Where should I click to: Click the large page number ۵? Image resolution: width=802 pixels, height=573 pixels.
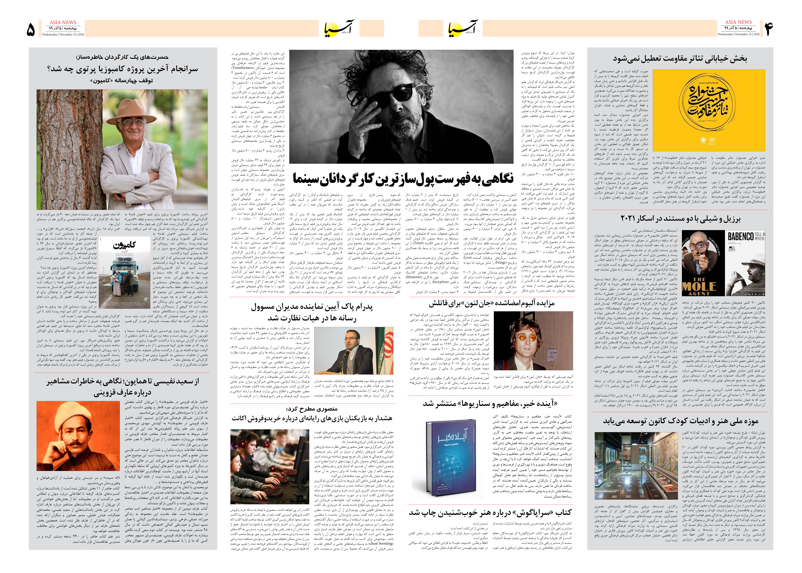[31, 30]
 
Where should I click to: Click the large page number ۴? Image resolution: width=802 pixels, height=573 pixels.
[769, 29]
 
